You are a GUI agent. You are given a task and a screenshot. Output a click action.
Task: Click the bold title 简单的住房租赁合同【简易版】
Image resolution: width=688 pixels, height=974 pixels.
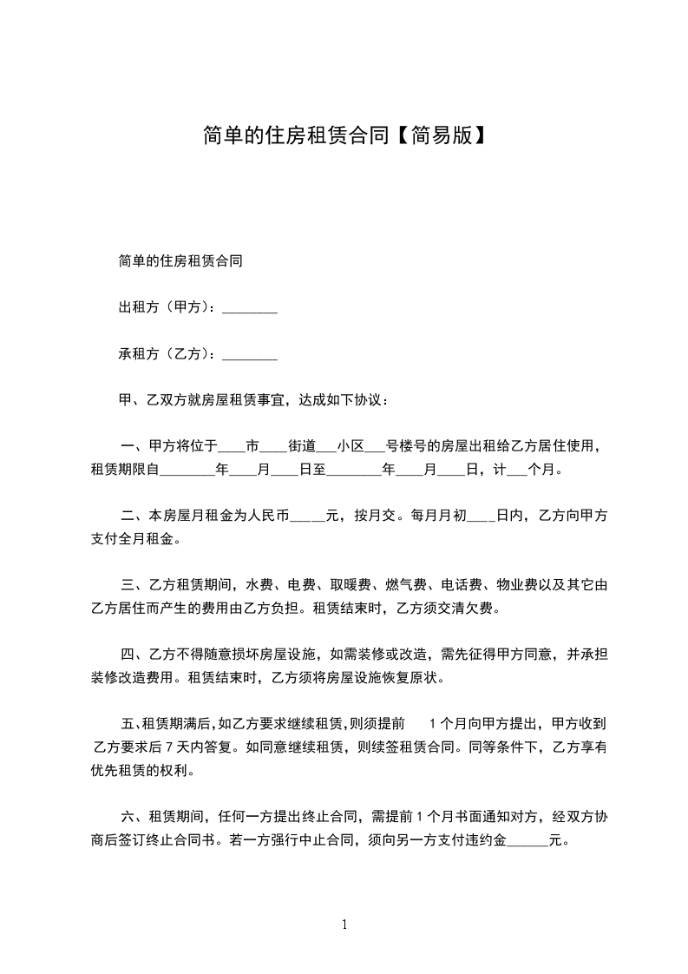tap(344, 136)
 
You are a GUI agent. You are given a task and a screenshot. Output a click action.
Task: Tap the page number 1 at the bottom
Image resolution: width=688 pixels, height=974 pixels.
tap(344, 925)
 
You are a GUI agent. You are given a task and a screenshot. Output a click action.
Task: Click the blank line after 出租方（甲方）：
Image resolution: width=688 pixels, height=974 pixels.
tap(250, 308)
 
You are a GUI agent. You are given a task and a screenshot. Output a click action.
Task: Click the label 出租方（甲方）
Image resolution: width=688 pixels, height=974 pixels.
tap(164, 307)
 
